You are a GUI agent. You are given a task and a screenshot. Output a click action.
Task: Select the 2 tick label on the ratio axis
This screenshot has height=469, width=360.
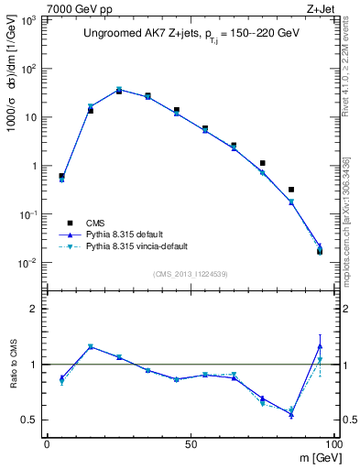34,309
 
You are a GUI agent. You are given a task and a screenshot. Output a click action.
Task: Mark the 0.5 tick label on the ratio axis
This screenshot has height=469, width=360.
29,420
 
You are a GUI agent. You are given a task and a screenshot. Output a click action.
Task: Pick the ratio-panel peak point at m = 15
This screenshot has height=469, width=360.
90,346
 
